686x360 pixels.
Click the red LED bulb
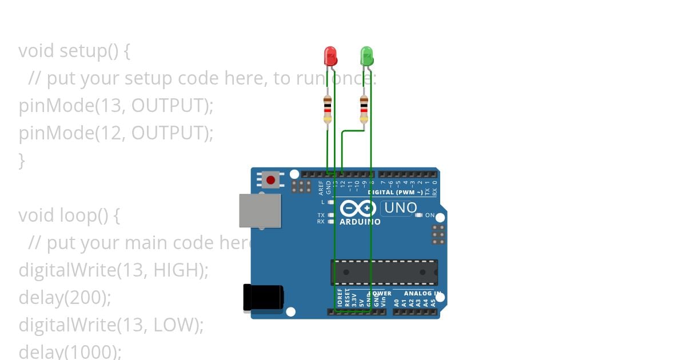pos(330,56)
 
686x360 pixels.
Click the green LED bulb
pos(366,56)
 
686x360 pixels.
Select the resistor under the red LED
pos(328,109)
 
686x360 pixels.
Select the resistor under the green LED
pos(364,109)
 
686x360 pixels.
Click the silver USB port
pos(260,211)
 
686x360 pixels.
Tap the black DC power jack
pos(263,298)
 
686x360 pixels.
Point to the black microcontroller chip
pos(384,273)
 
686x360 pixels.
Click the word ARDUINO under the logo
pos(360,222)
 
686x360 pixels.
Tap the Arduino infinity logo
pos(358,208)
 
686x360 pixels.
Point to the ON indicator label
pos(430,215)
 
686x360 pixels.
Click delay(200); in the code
pos(65,297)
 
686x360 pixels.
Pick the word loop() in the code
pos(83,215)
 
